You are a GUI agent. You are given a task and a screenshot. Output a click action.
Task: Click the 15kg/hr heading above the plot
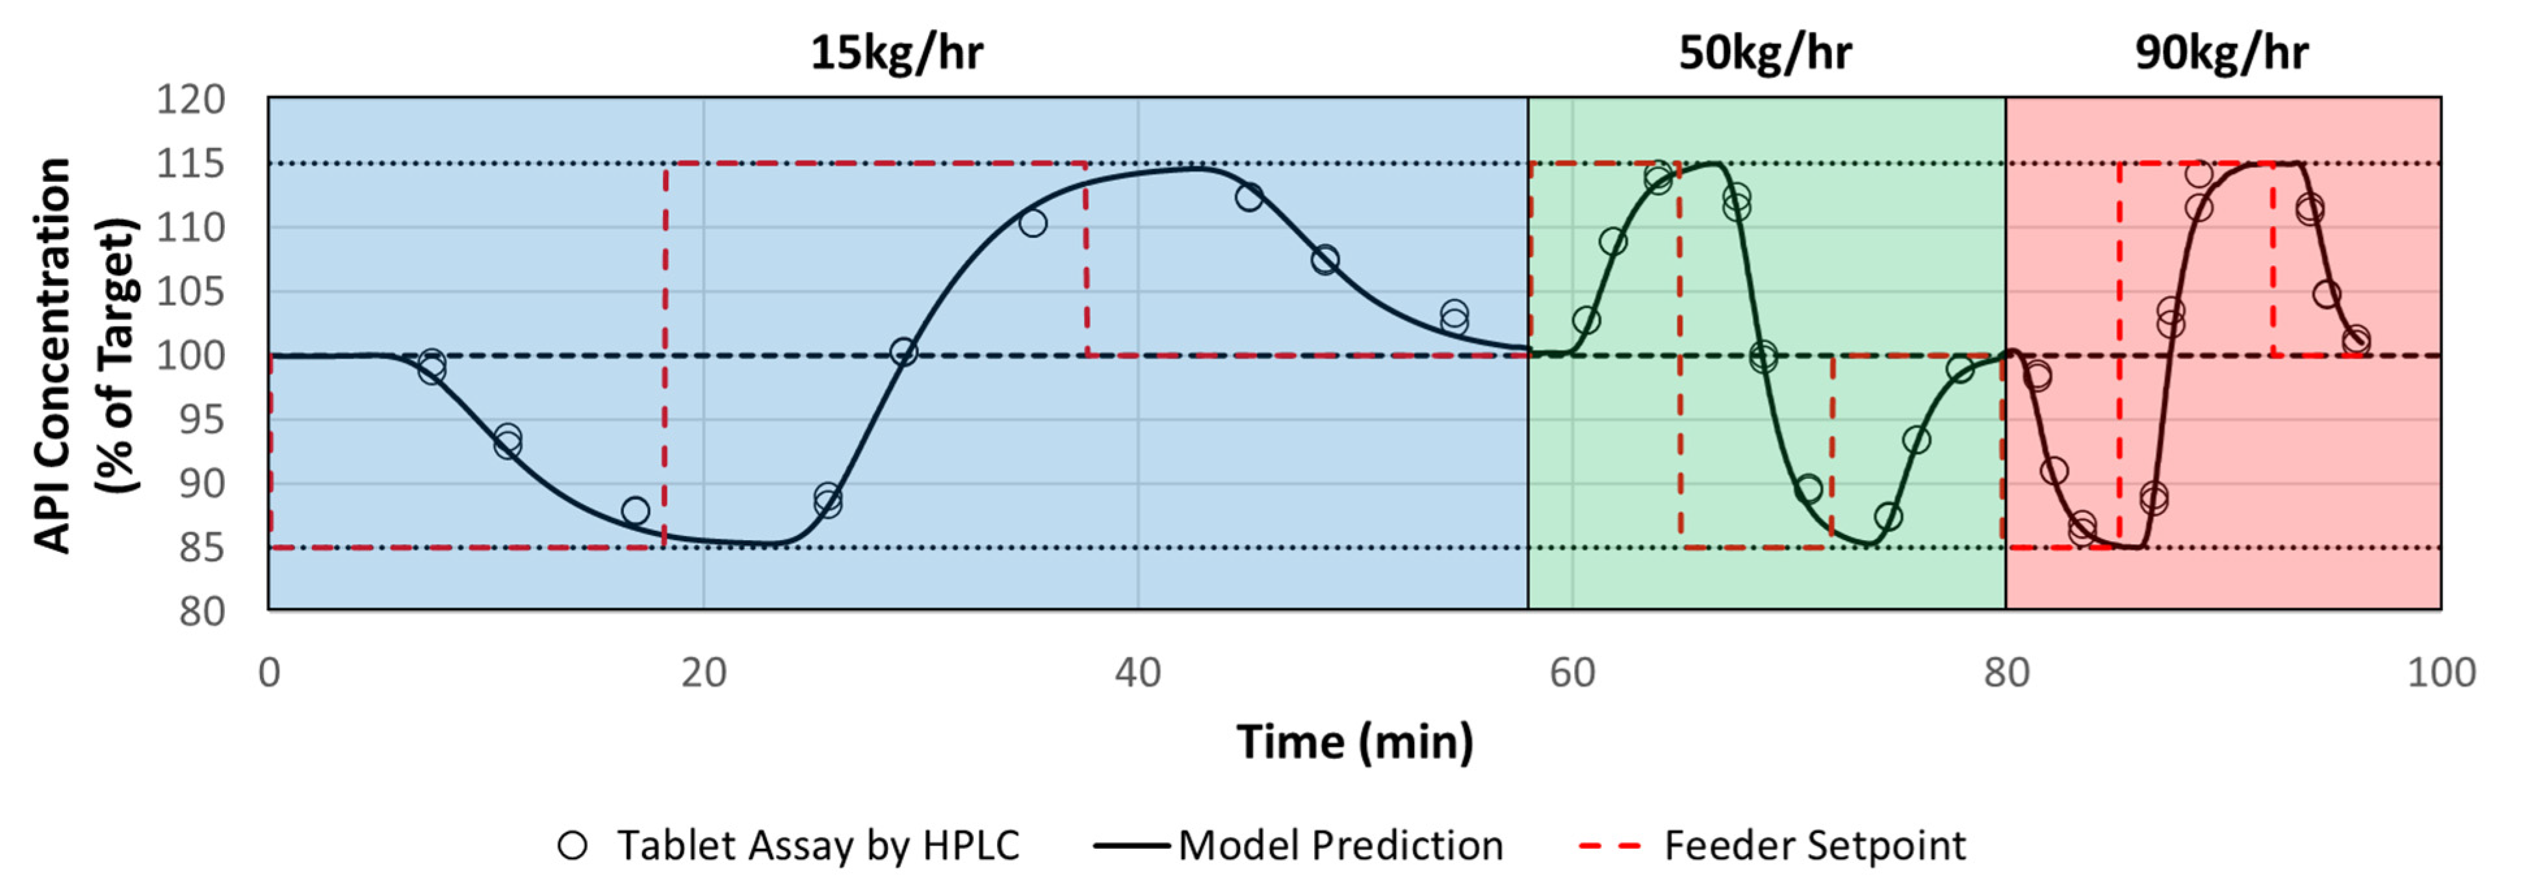(896, 52)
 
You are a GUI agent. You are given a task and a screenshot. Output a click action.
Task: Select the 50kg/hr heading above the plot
(1765, 52)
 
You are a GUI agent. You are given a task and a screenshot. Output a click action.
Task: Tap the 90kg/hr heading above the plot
(2221, 52)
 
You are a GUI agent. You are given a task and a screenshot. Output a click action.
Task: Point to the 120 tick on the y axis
(191, 100)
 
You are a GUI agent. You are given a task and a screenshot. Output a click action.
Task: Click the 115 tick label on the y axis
(191, 164)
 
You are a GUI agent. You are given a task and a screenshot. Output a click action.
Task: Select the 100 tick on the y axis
(191, 355)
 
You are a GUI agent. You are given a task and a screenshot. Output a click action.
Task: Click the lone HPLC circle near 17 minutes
(635, 510)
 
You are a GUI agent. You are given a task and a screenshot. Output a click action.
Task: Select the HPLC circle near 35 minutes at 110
(1033, 224)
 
